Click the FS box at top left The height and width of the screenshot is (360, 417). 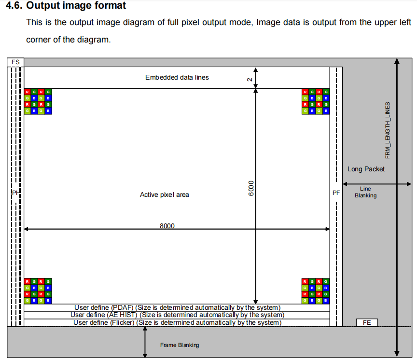coord(15,62)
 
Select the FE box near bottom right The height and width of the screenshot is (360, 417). coord(367,322)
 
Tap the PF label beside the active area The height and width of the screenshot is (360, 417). coord(336,193)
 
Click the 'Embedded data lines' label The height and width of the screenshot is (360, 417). coord(177,77)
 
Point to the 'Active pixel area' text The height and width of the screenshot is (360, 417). coord(165,194)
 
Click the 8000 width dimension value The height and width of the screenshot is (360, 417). coord(167,226)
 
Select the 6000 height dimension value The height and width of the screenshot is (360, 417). coord(250,189)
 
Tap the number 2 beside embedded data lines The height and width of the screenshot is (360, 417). coord(250,80)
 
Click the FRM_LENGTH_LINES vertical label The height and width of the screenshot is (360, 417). coord(387,130)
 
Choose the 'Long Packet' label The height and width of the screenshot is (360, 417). coord(366,169)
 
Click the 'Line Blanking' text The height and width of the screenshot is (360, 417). coord(365,192)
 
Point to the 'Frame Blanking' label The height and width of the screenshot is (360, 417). coord(180,345)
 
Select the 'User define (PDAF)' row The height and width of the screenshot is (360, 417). coord(177,307)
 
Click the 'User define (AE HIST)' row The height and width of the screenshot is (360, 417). coord(177,315)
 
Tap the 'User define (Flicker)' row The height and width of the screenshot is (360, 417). coord(177,322)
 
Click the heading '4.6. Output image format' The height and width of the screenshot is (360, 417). coord(66,6)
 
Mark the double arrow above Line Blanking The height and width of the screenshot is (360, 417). coord(377,183)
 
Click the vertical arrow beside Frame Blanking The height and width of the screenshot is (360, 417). coord(145,343)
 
